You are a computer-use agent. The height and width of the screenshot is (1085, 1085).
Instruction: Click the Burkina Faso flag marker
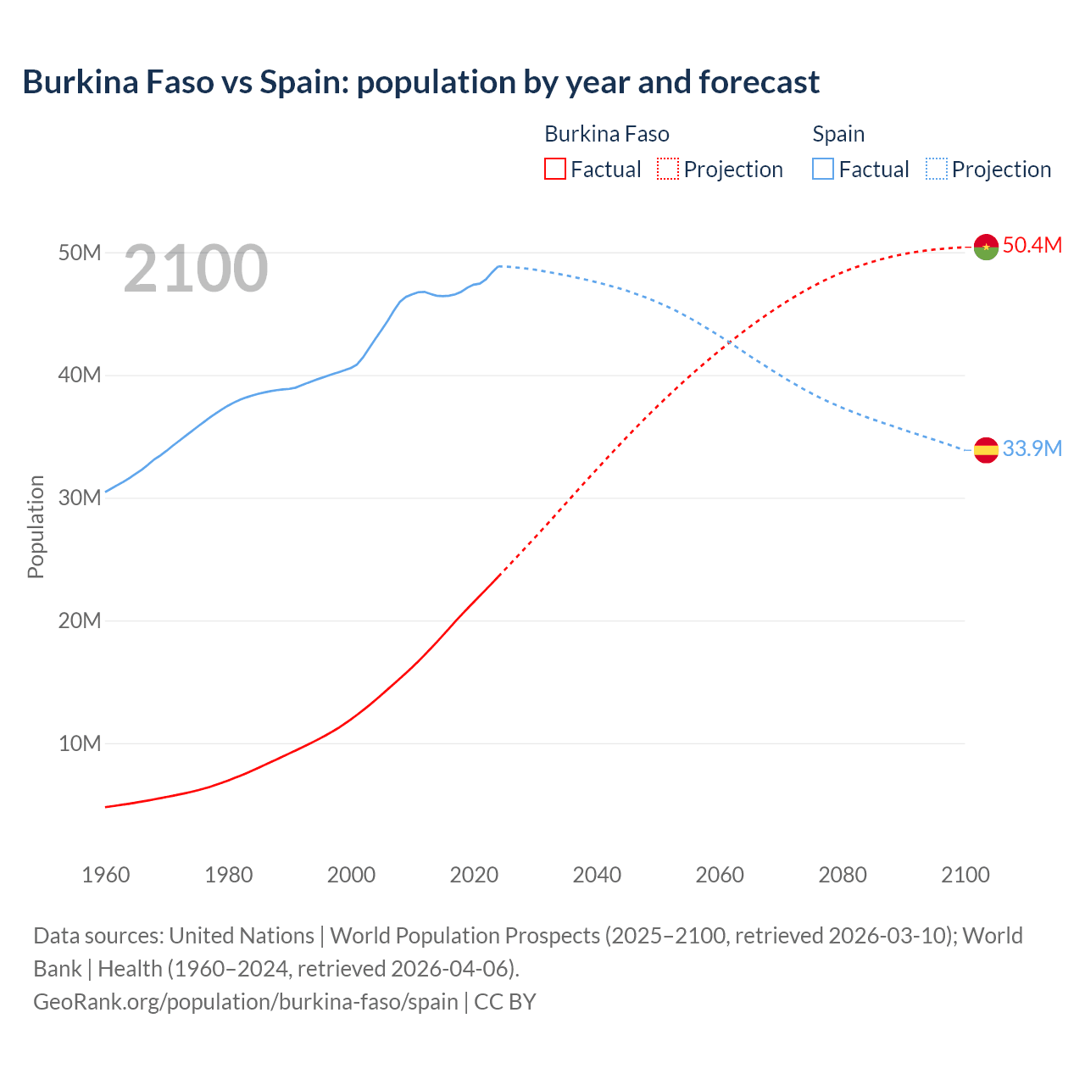tap(986, 247)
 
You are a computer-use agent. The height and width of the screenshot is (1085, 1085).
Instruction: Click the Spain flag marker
tap(986, 450)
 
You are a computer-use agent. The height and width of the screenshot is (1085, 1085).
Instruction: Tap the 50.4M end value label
tap(1032, 245)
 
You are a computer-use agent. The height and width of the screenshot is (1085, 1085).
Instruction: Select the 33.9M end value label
tap(1032, 448)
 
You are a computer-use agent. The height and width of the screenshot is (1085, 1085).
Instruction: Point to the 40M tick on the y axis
tap(80, 375)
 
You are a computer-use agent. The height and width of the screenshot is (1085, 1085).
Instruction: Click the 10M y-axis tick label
tap(80, 743)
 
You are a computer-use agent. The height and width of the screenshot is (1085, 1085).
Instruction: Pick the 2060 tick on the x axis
tap(720, 875)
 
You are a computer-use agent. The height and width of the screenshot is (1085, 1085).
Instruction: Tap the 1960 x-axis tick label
tap(106, 875)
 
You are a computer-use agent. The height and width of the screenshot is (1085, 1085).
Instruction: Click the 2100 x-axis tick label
tap(965, 875)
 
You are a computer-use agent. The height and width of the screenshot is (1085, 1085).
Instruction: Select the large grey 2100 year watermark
tap(196, 269)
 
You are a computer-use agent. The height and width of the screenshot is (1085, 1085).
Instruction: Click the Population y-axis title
tap(36, 526)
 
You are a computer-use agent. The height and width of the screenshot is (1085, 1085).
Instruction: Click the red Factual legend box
tap(554, 169)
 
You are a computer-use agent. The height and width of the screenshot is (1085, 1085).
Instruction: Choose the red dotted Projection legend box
tap(668, 169)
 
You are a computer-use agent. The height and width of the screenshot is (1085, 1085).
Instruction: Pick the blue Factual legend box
tap(823, 169)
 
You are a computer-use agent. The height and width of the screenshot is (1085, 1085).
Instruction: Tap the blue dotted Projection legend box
tap(937, 169)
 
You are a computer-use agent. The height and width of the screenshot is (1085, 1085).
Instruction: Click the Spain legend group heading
tap(838, 134)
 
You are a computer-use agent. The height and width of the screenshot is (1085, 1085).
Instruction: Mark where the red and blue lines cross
tap(729, 341)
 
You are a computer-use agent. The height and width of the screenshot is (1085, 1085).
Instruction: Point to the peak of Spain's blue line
tap(500, 266)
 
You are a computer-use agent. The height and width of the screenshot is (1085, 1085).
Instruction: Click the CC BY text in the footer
tap(505, 1001)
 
